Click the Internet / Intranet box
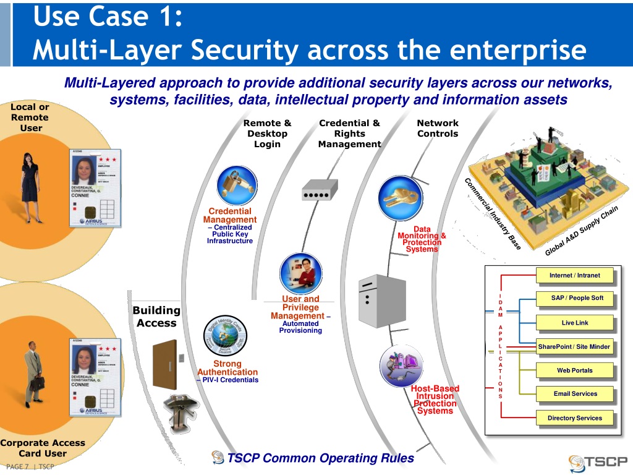[574, 275]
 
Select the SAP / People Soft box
[577, 298]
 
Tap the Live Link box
[574, 323]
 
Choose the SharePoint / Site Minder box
[574, 346]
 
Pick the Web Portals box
[574, 370]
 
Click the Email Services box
[575, 394]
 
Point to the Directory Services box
[574, 418]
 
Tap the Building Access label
[156, 317]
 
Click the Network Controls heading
[438, 128]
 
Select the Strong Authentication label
[227, 368]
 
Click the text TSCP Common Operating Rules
[320, 458]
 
